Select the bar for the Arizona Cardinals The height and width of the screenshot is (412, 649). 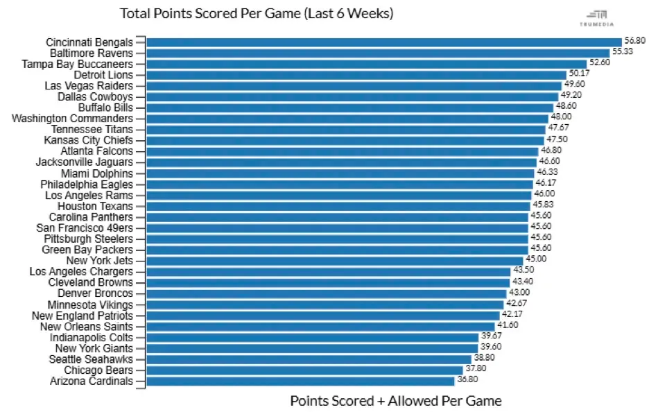300,381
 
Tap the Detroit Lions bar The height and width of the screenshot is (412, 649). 356,75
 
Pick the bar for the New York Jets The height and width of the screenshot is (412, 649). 335,261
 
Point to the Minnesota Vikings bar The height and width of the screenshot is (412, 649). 325,304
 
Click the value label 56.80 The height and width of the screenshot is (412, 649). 634,40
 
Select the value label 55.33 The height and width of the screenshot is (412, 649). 622,51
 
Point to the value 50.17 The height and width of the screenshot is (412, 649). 579,73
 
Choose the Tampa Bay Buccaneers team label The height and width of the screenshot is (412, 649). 77,64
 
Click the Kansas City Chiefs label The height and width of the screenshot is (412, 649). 88,141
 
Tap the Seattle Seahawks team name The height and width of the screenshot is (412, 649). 91,359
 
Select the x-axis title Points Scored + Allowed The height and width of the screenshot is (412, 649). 395,401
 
